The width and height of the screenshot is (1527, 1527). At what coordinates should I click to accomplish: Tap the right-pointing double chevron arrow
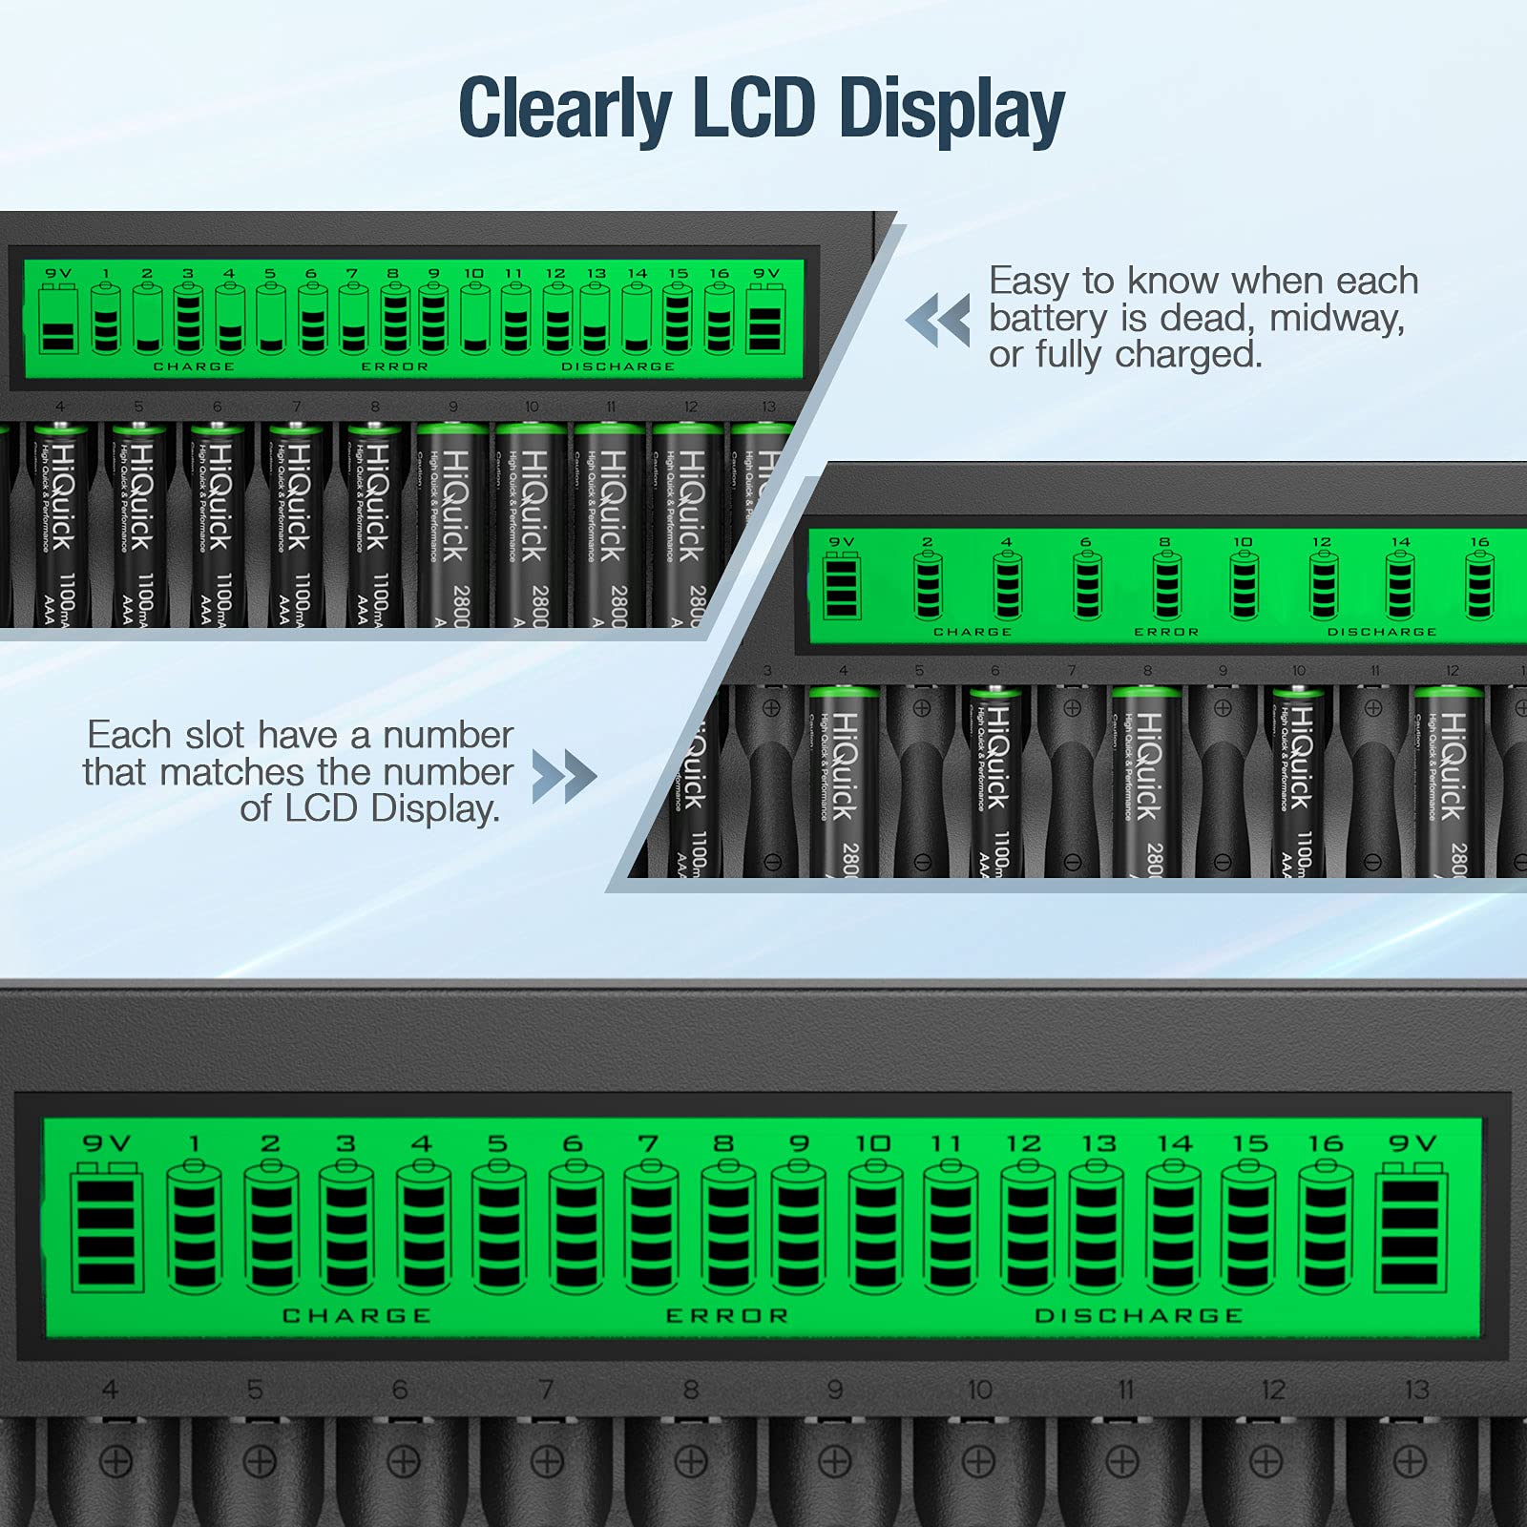564,775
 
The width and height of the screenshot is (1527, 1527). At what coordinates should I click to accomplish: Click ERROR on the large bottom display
727,1316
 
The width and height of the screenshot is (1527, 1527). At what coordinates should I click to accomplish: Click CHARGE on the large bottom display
357,1316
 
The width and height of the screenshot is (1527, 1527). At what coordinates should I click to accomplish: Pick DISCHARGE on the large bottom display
1140,1316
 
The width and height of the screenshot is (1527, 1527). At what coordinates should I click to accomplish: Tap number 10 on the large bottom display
873,1143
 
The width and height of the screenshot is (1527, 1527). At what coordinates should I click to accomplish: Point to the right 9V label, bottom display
1412,1143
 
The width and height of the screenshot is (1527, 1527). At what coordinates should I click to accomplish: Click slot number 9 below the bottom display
835,1390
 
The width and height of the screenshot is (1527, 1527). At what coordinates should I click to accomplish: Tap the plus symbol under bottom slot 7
547,1460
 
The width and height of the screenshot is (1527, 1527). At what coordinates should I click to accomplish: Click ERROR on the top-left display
395,366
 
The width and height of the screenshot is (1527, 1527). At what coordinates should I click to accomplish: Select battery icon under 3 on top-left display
188,318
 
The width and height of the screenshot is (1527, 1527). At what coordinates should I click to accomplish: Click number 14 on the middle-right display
1400,542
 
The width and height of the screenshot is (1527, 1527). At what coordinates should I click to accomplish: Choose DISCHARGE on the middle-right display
1381,632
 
